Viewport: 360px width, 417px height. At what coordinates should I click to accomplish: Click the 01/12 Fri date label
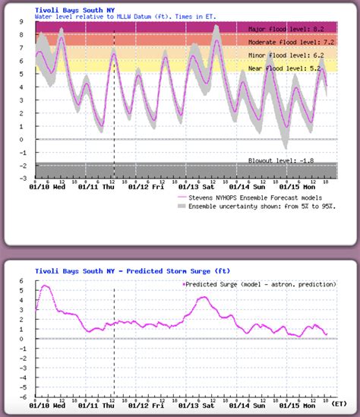(x=147, y=187)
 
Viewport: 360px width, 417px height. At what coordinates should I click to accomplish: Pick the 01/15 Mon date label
(x=301, y=187)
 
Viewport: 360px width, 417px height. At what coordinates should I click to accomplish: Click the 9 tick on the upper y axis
(x=25, y=22)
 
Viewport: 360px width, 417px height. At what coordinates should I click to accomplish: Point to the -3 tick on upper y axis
(x=24, y=177)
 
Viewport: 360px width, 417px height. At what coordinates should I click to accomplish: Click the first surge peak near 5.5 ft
(x=45, y=286)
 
